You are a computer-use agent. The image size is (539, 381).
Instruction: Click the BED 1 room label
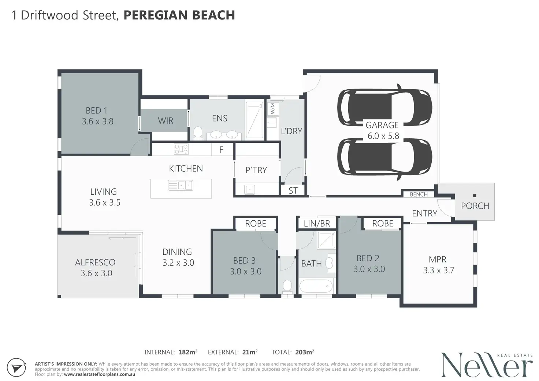[97, 111]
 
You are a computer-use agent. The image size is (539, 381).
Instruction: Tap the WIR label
[166, 120]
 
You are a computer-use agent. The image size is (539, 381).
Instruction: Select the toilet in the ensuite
[198, 132]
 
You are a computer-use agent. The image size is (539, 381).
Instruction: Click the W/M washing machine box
[273, 108]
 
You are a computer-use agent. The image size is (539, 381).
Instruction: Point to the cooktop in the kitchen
[181, 149]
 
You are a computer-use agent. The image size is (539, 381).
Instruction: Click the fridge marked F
[222, 150]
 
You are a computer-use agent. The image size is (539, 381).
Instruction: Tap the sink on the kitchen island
[181, 186]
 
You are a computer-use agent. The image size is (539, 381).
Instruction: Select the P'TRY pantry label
[256, 170]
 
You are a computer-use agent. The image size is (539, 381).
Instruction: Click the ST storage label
[293, 191]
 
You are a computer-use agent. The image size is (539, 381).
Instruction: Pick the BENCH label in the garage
[419, 194]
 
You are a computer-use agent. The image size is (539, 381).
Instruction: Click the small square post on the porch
[475, 195]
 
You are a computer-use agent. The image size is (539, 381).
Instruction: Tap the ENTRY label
[424, 213]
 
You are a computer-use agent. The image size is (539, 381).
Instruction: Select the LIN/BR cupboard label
[317, 224]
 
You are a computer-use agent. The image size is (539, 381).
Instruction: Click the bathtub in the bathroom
[316, 286]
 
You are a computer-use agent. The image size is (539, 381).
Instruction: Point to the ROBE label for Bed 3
[256, 224]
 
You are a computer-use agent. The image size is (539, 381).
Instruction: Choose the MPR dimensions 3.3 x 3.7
[439, 270]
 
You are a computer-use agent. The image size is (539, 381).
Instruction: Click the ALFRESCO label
[95, 262]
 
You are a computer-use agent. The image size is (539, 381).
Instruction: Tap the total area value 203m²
[305, 352]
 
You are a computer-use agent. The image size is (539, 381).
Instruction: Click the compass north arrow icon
[16, 367]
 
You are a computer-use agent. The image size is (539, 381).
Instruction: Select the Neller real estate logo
[487, 365]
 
